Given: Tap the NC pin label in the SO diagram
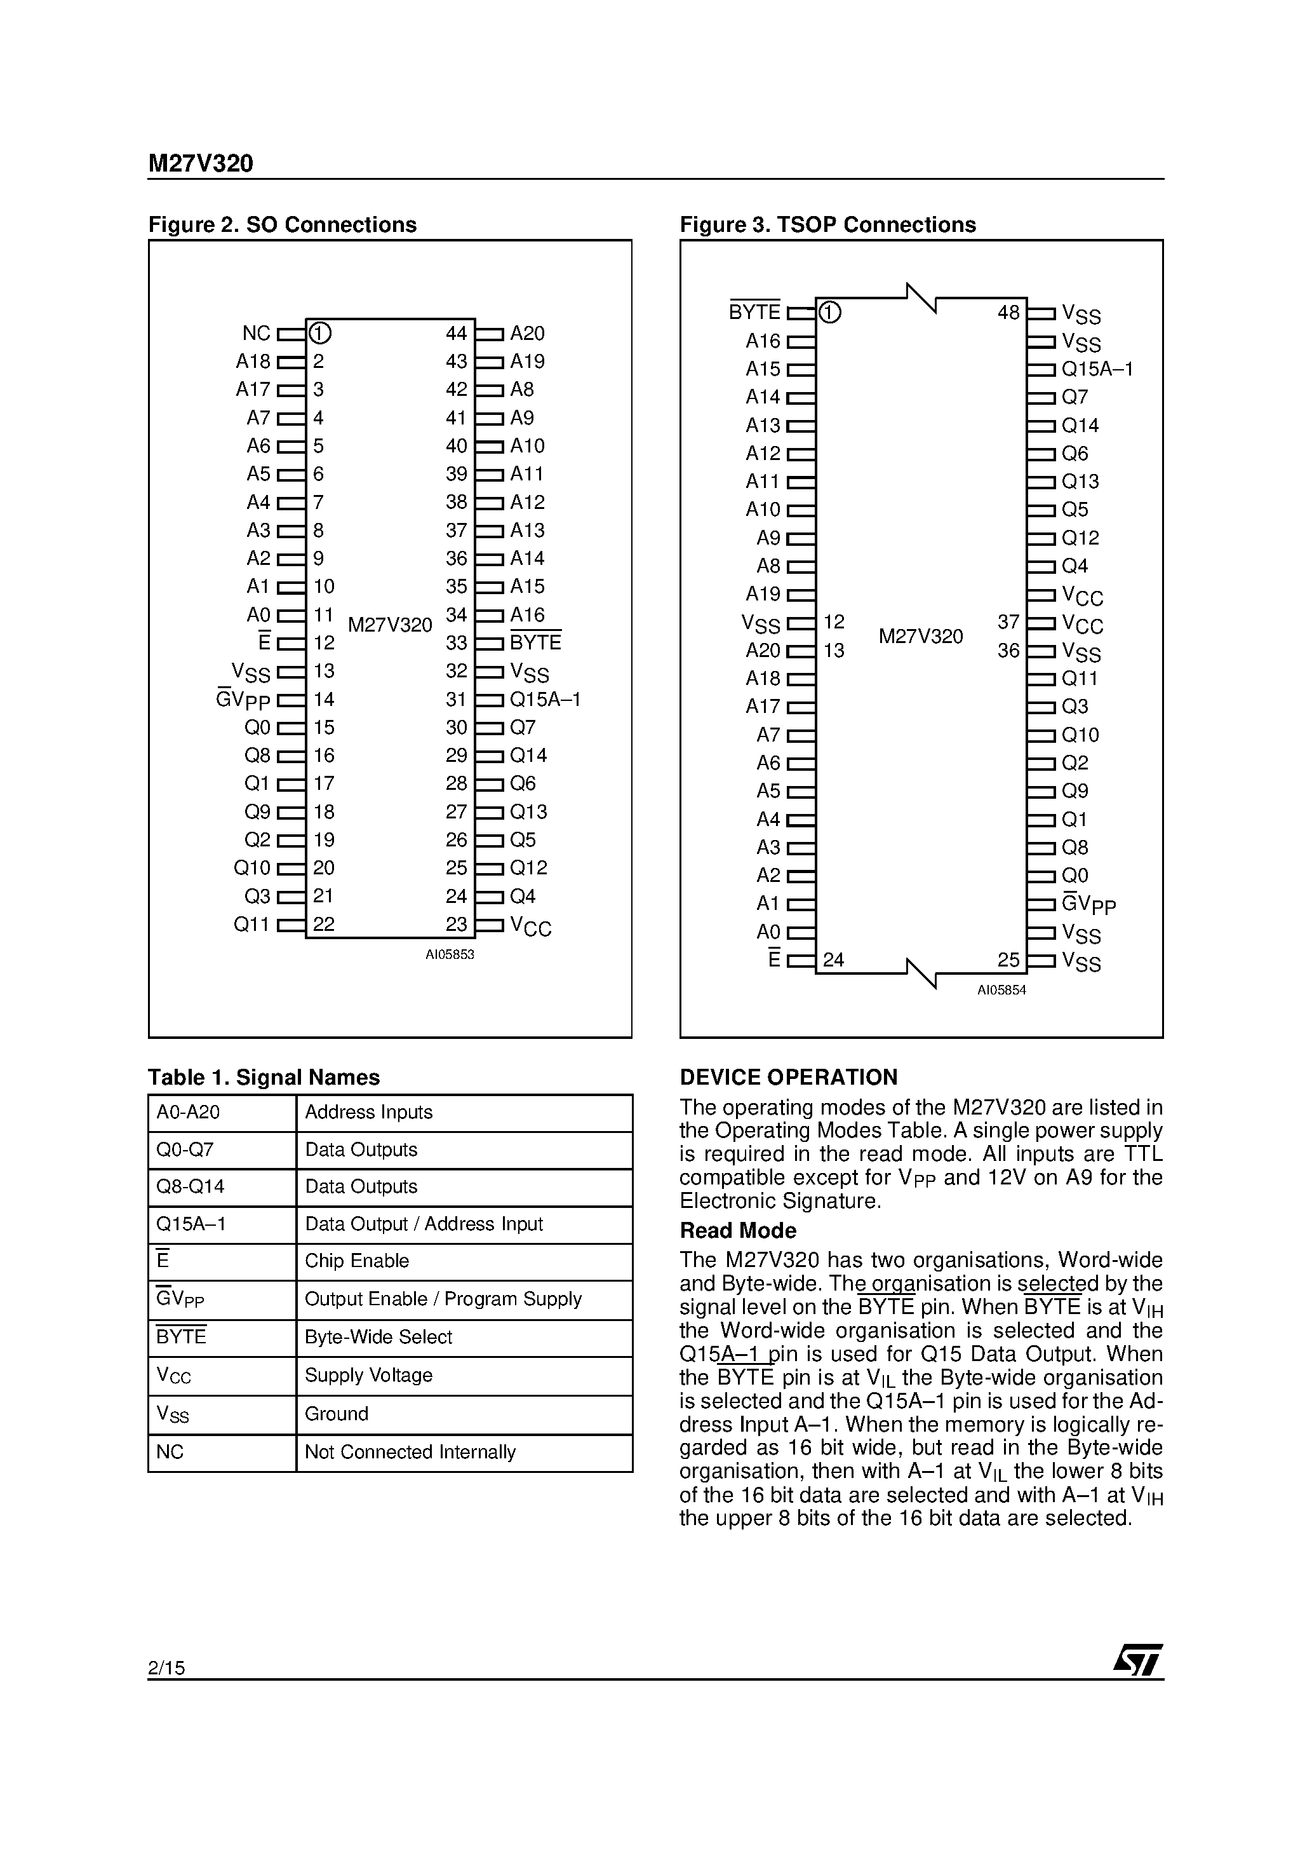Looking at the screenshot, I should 257,334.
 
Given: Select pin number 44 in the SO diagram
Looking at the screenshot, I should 456,334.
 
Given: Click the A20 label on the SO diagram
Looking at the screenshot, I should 527,334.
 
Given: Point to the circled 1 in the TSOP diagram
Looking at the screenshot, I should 829,313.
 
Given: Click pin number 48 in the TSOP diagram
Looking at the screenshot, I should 1008,313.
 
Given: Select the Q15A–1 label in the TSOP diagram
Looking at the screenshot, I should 1097,369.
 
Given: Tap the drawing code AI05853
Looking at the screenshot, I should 450,955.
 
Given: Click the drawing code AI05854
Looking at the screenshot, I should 1001,990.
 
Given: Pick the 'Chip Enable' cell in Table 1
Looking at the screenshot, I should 357,1261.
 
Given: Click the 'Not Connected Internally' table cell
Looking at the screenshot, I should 410,1452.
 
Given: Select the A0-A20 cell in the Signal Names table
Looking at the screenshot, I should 188,1112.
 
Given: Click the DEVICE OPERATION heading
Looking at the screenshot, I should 788,1077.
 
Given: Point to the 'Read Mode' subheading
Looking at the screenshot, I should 738,1230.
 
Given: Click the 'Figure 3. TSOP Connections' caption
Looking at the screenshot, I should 827,224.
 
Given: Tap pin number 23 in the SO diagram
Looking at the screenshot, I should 456,924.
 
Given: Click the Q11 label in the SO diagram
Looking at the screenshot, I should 251,924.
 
